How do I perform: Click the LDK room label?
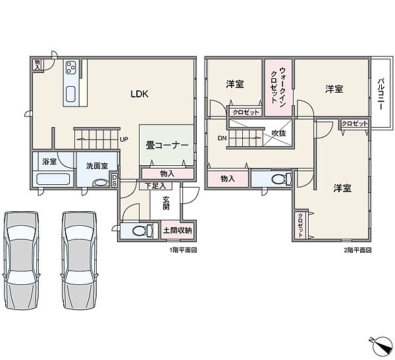coord(140,94)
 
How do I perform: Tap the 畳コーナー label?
coord(167,145)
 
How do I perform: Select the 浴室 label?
coord(49,161)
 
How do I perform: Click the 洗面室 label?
coord(97,166)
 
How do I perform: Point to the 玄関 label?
coord(166,203)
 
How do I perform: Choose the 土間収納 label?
coord(177,230)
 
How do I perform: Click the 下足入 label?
coord(156,186)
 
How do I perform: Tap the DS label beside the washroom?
coord(115,180)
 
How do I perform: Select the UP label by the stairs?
coord(124,139)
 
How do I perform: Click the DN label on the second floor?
coord(223,138)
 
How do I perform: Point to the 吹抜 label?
coord(279,133)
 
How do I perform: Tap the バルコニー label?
coord(381,94)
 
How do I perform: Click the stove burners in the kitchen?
coord(70,67)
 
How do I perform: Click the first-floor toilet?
coord(142,230)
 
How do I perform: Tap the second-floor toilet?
coord(282,179)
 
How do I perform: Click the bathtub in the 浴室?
coord(53,179)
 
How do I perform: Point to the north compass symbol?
coord(381,346)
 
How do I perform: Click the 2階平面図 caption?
coord(357,250)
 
